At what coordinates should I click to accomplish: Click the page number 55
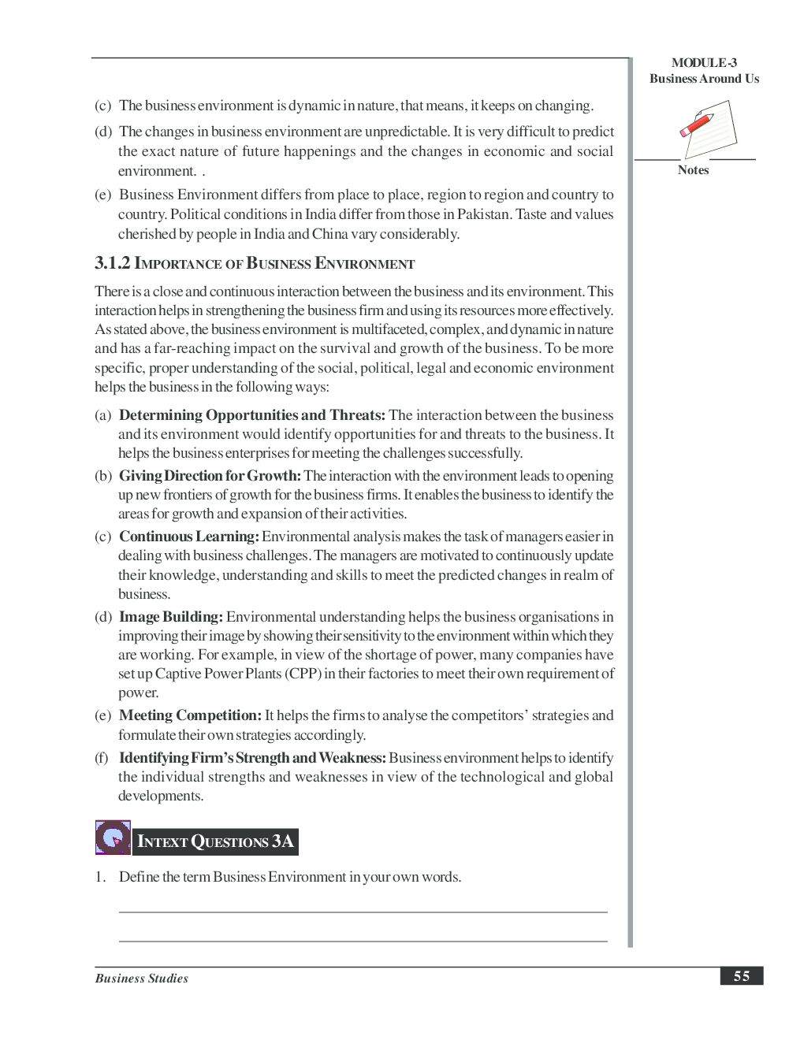coord(741,976)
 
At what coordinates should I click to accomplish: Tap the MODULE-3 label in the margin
coord(704,63)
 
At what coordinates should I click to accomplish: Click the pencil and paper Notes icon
coord(708,129)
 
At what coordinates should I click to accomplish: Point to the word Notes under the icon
coord(693,170)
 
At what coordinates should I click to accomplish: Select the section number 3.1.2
coord(112,263)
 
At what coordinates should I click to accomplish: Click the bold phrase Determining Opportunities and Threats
coord(251,415)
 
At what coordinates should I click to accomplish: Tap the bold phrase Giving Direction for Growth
coord(210,476)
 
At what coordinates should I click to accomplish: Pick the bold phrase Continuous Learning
coord(188,537)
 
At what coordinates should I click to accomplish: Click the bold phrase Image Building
coord(170,617)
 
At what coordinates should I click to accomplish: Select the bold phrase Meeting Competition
coord(190,715)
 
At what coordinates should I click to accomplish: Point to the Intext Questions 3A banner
coord(215,841)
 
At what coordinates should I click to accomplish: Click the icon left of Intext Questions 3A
coord(113,838)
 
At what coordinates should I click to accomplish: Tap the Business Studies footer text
coord(142,979)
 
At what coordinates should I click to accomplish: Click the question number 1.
coord(100,877)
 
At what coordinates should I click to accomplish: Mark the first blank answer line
coord(363,912)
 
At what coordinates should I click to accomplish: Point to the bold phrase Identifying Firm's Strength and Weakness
coord(252,758)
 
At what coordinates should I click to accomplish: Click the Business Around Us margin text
coord(704,79)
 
